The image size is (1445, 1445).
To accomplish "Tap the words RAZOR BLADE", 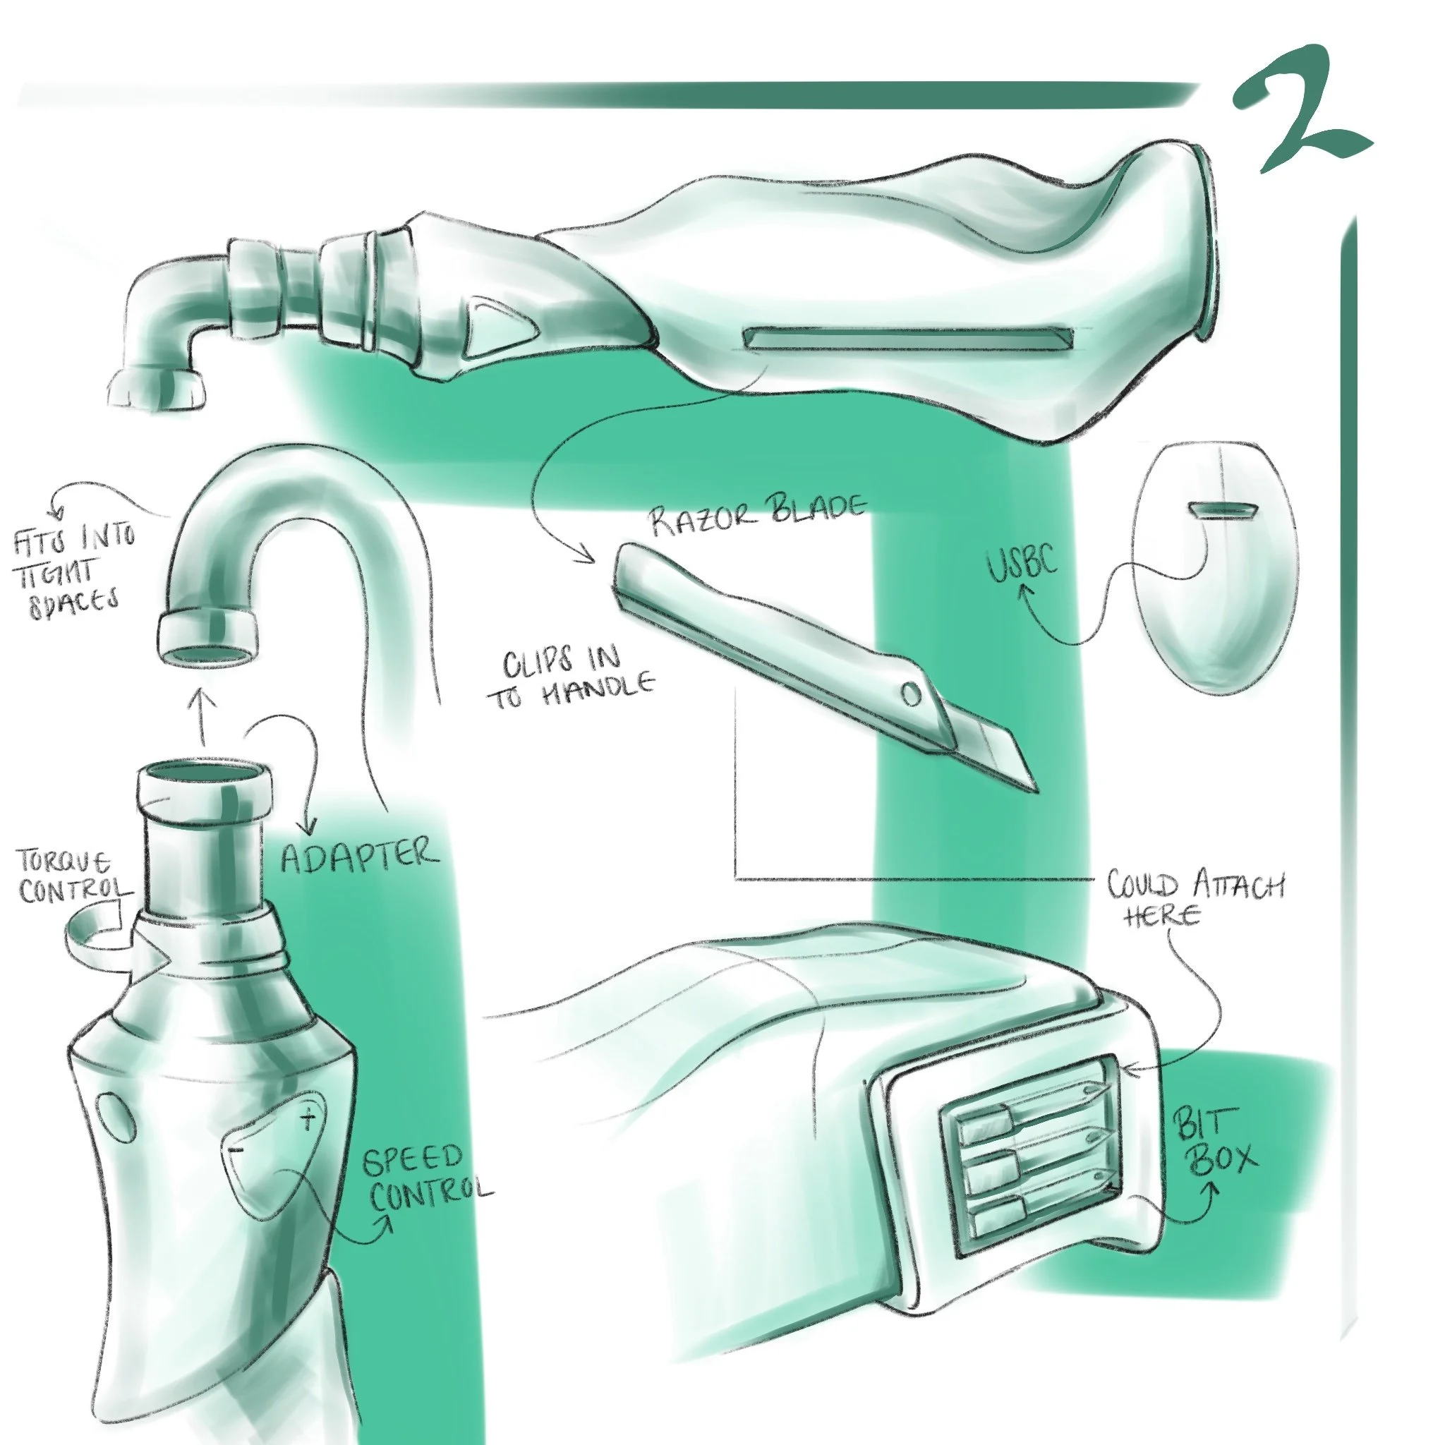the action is point(757,513).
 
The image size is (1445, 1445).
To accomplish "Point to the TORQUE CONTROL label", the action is point(73,876).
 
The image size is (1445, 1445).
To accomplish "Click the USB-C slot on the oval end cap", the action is point(1223,509).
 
